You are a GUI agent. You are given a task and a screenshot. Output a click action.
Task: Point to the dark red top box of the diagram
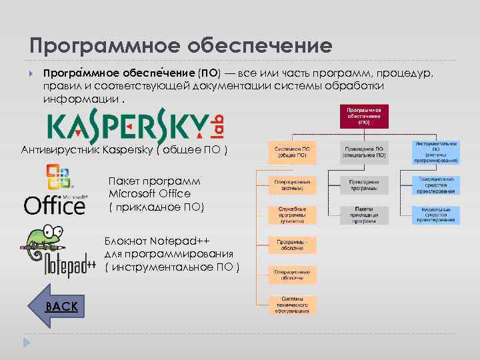363,116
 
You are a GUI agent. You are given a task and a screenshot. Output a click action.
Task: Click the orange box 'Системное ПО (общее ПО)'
293,152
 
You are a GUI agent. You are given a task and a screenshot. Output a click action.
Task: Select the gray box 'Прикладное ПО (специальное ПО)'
364,152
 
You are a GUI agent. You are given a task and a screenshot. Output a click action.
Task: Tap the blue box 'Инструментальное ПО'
435,152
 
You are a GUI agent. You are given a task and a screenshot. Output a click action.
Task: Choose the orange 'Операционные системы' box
293,184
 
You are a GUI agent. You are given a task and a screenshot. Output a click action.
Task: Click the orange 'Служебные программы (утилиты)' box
293,215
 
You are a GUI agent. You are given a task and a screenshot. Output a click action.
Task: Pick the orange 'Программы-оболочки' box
293,245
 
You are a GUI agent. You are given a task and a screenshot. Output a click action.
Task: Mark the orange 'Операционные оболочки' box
293,275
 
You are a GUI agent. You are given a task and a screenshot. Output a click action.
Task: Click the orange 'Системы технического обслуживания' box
293,305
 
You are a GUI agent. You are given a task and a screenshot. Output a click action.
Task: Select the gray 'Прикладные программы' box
364,184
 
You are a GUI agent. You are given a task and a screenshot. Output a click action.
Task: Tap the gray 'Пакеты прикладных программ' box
364,215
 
